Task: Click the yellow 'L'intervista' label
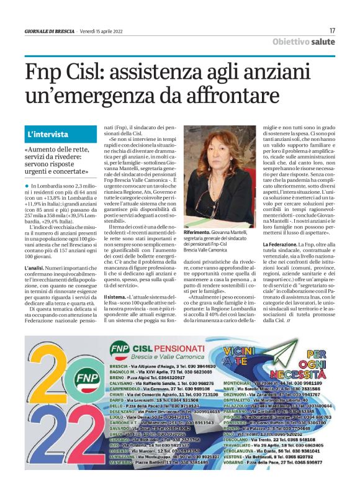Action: click(x=48, y=134)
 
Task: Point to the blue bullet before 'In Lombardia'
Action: click(x=27, y=186)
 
